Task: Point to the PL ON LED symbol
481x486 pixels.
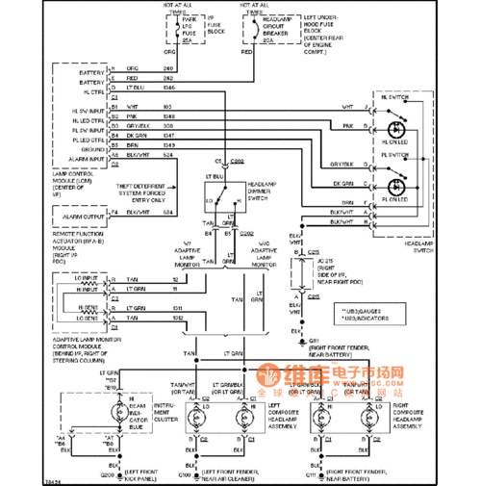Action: pyautogui.click(x=395, y=186)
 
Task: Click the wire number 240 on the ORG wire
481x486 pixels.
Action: pyautogui.click(x=167, y=69)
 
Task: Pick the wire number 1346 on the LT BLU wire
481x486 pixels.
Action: pyautogui.click(x=169, y=88)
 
